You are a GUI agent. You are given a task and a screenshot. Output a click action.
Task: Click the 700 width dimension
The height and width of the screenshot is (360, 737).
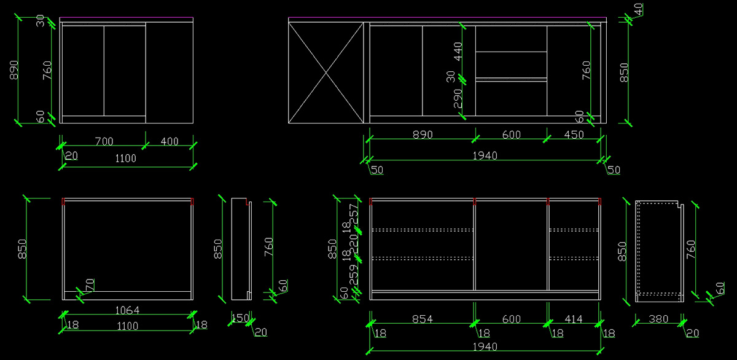pyautogui.click(x=104, y=141)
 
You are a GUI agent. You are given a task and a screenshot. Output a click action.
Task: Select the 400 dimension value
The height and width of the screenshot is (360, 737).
pyautogui.click(x=170, y=141)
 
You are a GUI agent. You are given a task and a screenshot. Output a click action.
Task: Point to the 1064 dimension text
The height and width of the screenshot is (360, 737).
pyautogui.click(x=128, y=310)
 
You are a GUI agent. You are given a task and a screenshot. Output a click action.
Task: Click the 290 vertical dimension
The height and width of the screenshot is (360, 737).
pyautogui.click(x=458, y=99)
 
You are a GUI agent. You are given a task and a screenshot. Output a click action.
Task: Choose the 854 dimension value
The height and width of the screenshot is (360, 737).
pyautogui.click(x=423, y=319)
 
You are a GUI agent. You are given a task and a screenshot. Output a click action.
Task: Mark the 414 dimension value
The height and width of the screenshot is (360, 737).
pyautogui.click(x=573, y=319)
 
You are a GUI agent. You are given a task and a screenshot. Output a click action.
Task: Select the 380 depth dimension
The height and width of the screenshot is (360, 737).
pyautogui.click(x=658, y=319)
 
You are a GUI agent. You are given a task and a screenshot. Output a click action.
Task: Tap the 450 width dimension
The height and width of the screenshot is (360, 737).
pyautogui.click(x=574, y=135)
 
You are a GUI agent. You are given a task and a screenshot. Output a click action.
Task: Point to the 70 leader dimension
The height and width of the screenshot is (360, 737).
pyautogui.click(x=90, y=285)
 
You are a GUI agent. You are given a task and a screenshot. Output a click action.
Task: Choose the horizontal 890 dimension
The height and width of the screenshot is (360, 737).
pyautogui.click(x=423, y=135)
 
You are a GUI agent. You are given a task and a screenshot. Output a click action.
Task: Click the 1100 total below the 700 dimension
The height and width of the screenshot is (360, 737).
pyautogui.click(x=125, y=158)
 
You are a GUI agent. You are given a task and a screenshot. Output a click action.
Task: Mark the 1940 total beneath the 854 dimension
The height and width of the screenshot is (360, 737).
pyautogui.click(x=485, y=347)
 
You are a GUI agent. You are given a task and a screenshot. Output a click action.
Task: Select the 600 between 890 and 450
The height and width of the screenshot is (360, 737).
pyautogui.click(x=511, y=135)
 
